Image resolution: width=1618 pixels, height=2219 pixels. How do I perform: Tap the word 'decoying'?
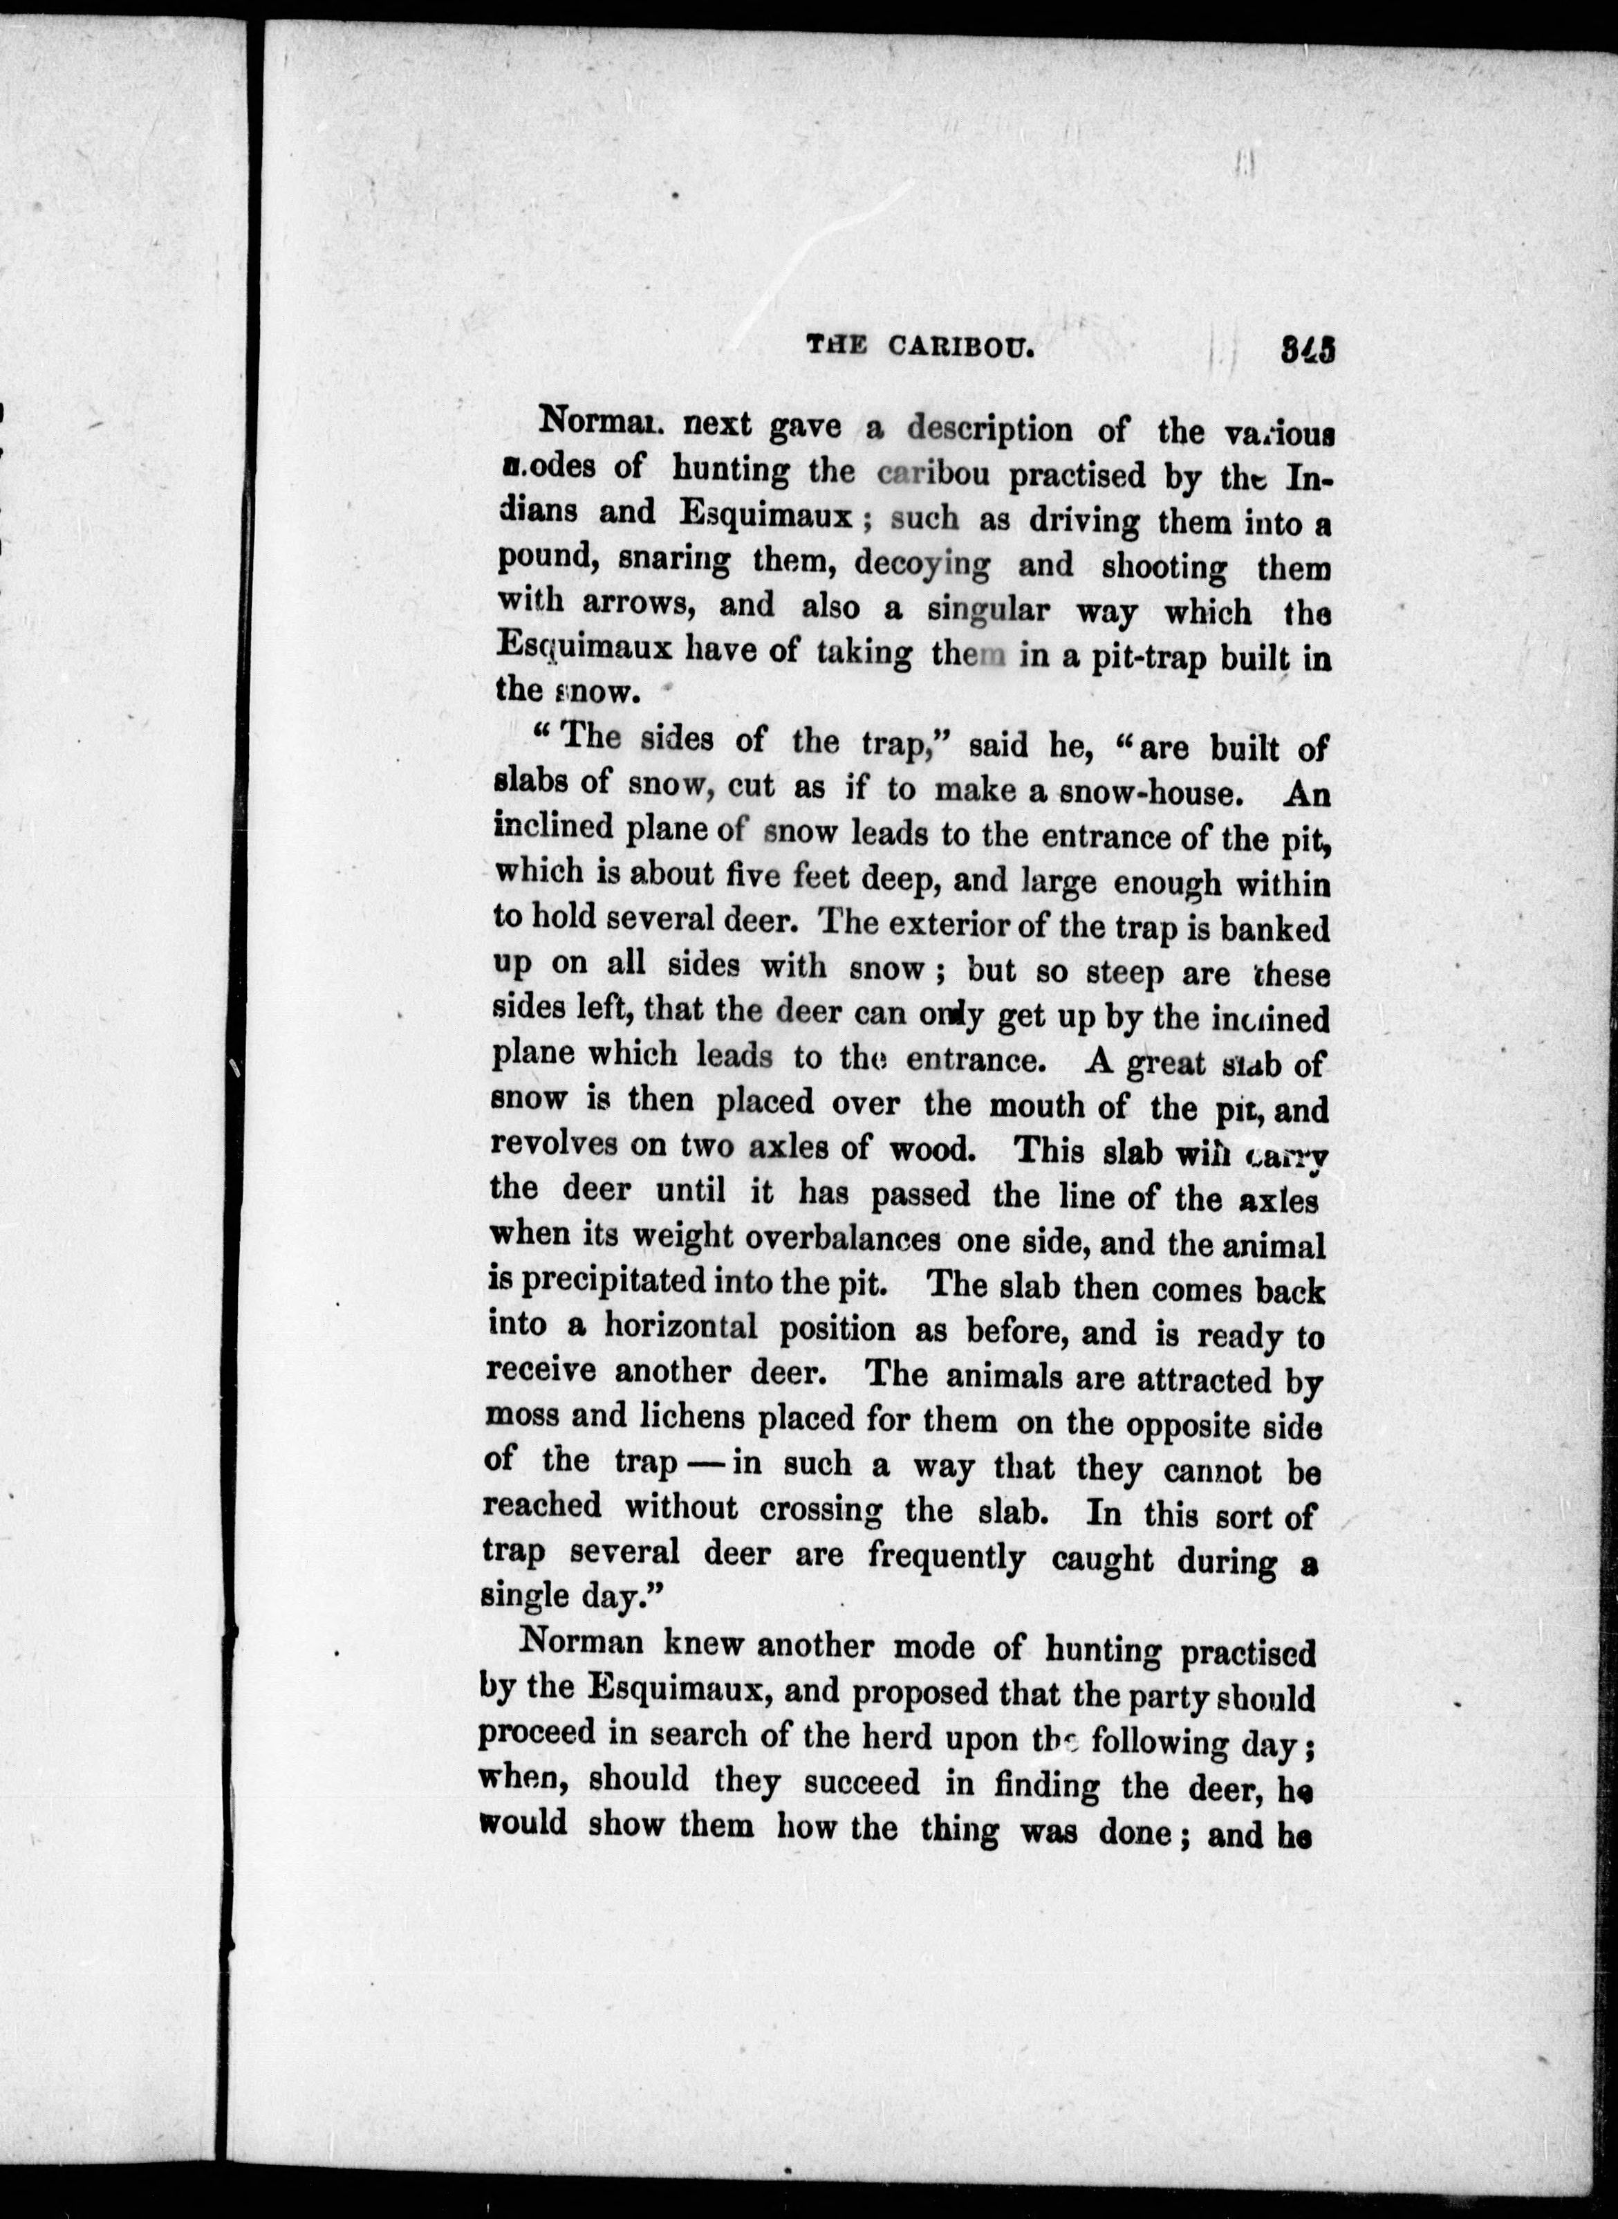(922, 565)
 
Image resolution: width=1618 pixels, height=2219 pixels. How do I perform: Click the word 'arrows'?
(639, 605)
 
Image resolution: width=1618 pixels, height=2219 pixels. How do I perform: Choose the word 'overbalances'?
(842, 1237)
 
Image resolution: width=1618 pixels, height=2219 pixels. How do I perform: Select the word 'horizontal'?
(680, 1327)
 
